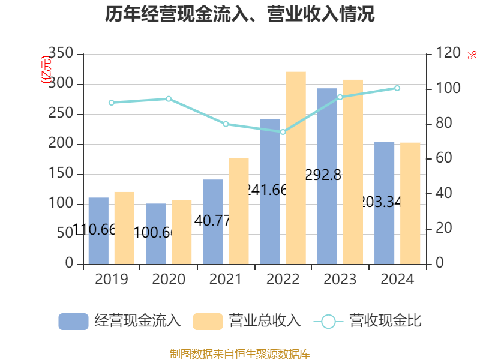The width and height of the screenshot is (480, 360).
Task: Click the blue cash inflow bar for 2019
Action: click(98, 230)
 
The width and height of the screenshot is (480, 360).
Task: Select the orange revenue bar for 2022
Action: click(296, 167)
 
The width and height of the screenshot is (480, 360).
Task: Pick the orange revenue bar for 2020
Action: click(182, 232)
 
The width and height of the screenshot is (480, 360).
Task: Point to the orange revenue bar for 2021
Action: click(239, 211)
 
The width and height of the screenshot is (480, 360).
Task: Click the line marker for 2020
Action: click(169, 98)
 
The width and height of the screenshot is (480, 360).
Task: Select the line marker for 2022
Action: click(283, 131)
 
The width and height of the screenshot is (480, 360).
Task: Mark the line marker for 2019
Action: click(112, 103)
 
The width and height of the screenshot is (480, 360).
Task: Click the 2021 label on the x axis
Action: click(226, 280)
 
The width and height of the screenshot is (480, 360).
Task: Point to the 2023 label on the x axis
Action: click(340, 280)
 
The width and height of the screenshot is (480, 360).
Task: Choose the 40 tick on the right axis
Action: click(440, 194)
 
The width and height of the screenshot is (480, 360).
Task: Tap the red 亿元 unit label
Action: click(46, 71)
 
